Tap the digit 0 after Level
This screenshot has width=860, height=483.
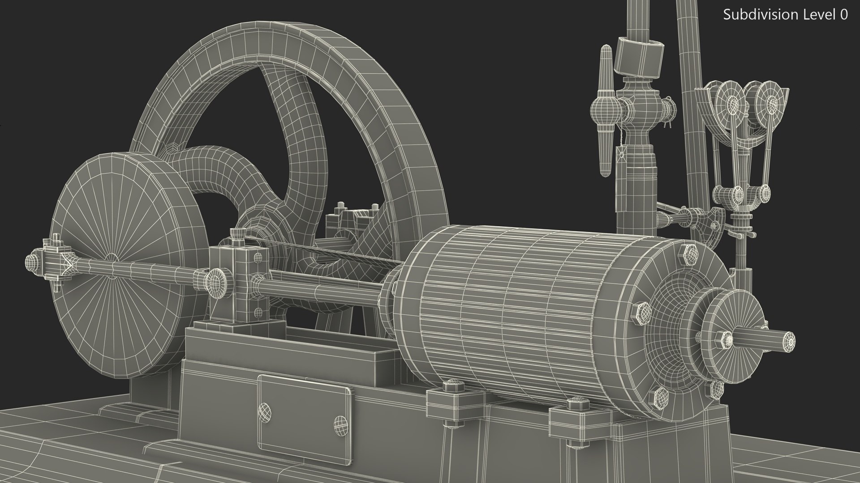[843, 15]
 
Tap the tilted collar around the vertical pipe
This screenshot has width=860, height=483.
[639, 56]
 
